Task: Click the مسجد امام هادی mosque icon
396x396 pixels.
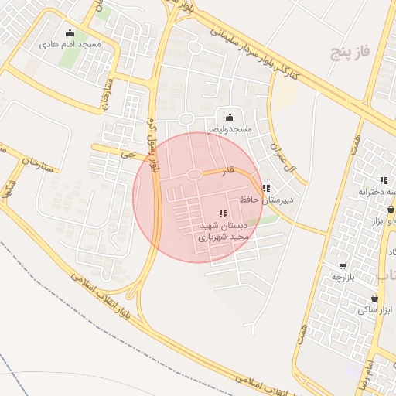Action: point(71,32)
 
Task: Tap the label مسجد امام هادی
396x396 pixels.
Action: point(71,45)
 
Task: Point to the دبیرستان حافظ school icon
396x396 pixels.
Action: point(266,188)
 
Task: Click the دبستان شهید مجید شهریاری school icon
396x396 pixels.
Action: point(223,213)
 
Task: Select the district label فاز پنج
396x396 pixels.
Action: point(350,52)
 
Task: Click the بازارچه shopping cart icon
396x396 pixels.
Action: point(343,265)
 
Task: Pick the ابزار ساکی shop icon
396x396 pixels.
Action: point(375,298)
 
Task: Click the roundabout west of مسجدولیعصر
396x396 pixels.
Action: point(186,118)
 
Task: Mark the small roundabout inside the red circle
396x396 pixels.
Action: point(195,175)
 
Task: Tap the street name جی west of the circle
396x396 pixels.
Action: point(121,153)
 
